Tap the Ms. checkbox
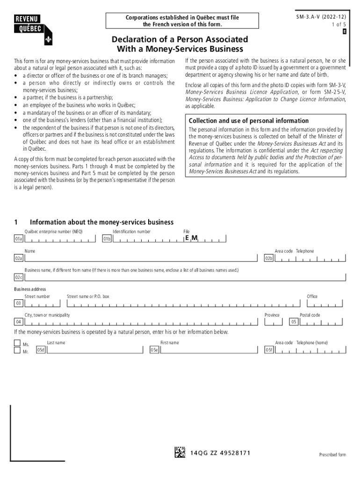(17, 343)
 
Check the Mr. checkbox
(17, 350)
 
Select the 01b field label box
(107, 239)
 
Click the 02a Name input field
(140, 258)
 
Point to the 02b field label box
(269, 258)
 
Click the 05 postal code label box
(294, 322)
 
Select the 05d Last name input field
(94, 350)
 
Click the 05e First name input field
(208, 350)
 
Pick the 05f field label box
(269, 350)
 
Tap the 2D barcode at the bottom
(180, 452)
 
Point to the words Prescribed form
(332, 455)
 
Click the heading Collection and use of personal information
(248, 121)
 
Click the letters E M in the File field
(191, 238)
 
